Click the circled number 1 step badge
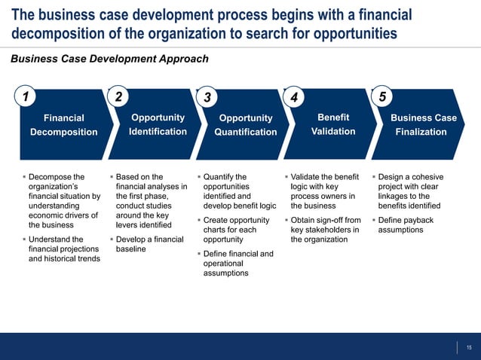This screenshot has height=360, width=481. (x=26, y=96)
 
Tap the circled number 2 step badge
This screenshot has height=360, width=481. (x=118, y=96)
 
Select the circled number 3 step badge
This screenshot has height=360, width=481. (x=207, y=98)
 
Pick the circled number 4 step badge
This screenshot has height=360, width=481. (x=294, y=98)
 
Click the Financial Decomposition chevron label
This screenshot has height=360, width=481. (x=64, y=125)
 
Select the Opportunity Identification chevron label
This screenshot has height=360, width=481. (x=158, y=124)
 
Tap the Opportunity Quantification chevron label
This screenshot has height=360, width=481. (x=245, y=125)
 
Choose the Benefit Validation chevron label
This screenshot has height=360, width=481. (x=333, y=124)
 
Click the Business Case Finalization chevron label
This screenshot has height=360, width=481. (x=423, y=125)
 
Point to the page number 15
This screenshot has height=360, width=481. (x=468, y=347)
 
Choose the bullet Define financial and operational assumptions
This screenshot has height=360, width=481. (x=237, y=264)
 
